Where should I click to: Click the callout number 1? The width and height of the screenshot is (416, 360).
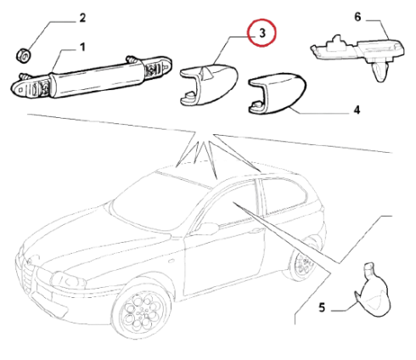click(82, 48)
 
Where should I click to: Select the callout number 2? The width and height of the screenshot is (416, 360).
click(82, 18)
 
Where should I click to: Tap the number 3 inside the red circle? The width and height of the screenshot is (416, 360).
click(262, 33)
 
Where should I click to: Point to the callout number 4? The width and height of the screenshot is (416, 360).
click(357, 110)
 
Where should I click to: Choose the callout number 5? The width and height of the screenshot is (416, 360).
click(322, 307)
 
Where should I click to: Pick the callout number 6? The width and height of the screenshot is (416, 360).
click(357, 17)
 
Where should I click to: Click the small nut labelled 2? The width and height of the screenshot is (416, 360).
click(23, 56)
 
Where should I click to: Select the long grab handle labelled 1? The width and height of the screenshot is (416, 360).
click(91, 76)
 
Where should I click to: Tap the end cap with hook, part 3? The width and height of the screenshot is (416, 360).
click(209, 85)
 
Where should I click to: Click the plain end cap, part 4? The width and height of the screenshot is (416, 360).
click(277, 93)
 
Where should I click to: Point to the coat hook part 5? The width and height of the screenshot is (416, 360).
click(373, 290)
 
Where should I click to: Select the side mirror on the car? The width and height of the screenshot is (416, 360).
click(209, 228)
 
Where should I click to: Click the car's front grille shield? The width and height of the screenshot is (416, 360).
click(27, 273)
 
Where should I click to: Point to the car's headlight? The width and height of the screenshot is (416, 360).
click(67, 280)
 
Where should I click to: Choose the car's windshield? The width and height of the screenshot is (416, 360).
click(160, 200)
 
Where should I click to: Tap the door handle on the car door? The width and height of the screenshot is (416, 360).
click(256, 232)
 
